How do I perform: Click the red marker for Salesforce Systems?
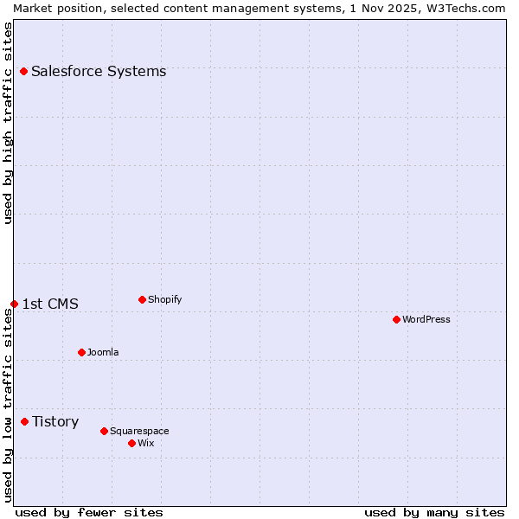pos(23,71)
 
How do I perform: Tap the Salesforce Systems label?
pos(99,71)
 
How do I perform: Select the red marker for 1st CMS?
pos(14,304)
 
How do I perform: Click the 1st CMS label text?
pos(50,304)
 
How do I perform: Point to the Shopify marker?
pos(142,299)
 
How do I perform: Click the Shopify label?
pos(164,299)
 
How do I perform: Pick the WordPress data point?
pos(396,319)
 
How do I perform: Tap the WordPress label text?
pos(426,319)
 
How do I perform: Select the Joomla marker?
pos(81,352)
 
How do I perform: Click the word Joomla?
pos(103,352)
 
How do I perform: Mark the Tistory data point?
pos(24,421)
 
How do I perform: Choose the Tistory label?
pos(55,421)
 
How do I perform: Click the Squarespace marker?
pos(104,431)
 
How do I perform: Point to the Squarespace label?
pos(139,431)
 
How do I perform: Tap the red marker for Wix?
pos(131,443)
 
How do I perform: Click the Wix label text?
pos(145,443)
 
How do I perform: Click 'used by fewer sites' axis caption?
pos(89,512)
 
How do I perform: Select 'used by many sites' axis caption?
pos(434,512)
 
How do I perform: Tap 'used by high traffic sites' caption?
pos(8,123)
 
